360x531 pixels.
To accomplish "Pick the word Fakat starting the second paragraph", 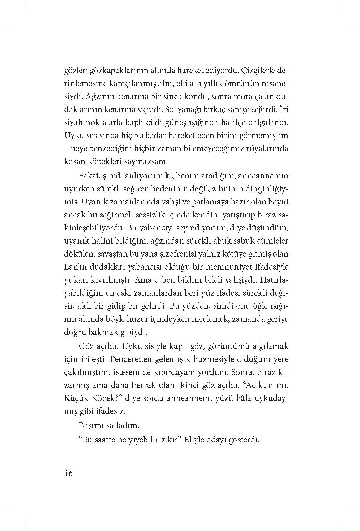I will pos(88,176).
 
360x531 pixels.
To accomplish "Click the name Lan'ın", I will pos(74,267).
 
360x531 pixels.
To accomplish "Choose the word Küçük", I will pos(75,398).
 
